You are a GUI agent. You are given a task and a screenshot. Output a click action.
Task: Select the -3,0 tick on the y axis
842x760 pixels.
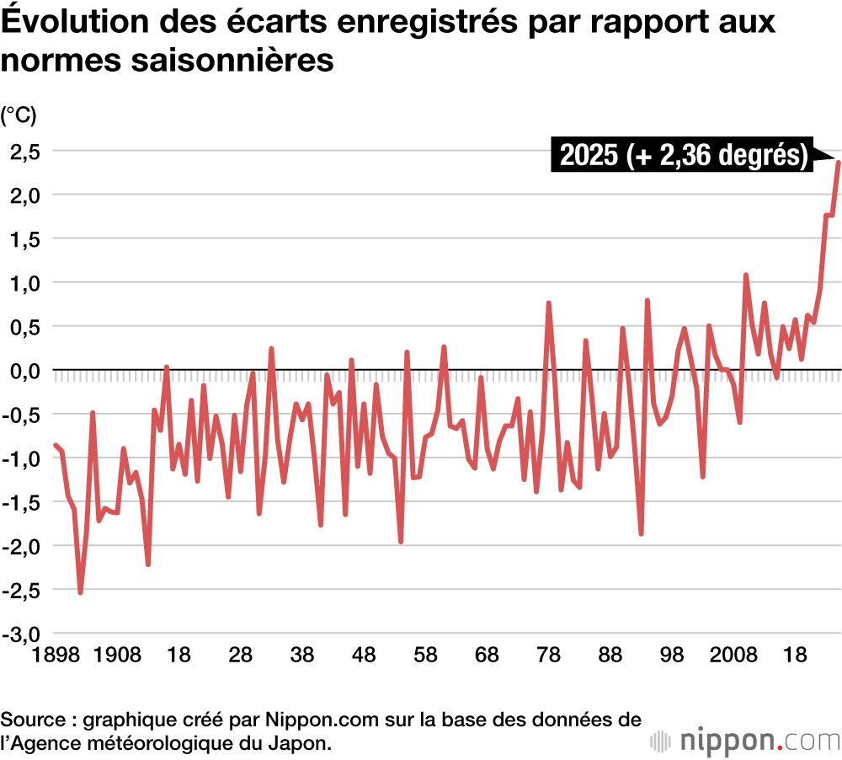[20, 634]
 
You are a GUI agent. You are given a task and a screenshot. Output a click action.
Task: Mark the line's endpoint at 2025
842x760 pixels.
[838, 162]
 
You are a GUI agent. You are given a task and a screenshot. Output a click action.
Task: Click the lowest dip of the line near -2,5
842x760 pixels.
[81, 592]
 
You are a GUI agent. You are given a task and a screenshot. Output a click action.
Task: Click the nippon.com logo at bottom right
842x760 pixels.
[745, 741]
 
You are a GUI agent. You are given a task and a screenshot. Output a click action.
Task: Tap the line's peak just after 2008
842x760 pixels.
[746, 276]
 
